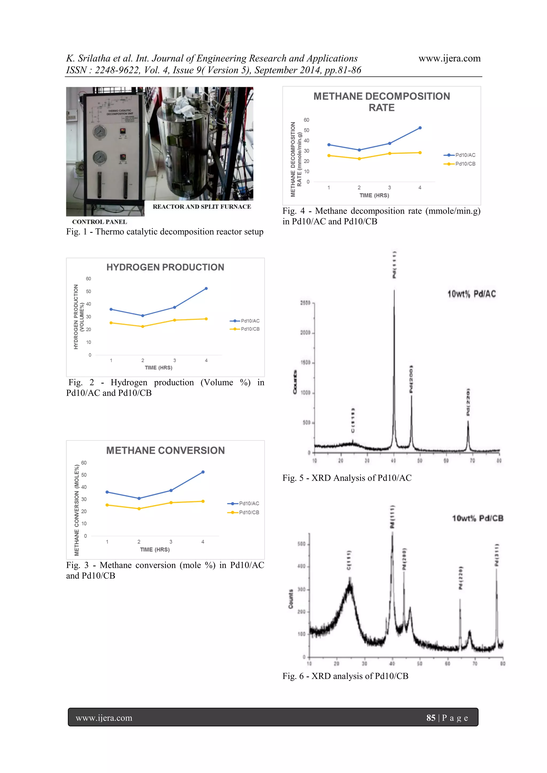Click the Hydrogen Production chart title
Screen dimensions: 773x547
click(x=165, y=267)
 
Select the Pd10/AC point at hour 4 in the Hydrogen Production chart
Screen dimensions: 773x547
click(x=206, y=289)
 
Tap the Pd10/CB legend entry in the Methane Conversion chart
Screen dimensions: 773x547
click(x=249, y=512)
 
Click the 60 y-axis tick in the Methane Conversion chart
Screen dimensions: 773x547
click(x=84, y=463)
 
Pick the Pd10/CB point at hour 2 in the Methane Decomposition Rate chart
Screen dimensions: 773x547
click(x=359, y=159)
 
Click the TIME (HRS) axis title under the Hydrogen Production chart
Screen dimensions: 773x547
click(x=158, y=368)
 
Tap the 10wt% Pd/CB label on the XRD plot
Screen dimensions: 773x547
click(x=477, y=518)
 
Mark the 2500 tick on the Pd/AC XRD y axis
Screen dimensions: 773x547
click(x=305, y=303)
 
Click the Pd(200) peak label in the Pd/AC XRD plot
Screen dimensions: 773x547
click(x=411, y=379)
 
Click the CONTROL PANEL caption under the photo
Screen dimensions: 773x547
click(x=99, y=222)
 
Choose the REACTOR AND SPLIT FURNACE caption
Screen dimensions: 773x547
click(x=201, y=207)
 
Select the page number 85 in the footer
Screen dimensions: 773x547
click(x=431, y=718)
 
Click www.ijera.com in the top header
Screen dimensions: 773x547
click(x=449, y=58)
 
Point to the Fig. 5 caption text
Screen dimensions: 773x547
click(x=347, y=478)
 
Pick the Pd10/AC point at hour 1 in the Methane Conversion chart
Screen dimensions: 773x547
click(x=107, y=492)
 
